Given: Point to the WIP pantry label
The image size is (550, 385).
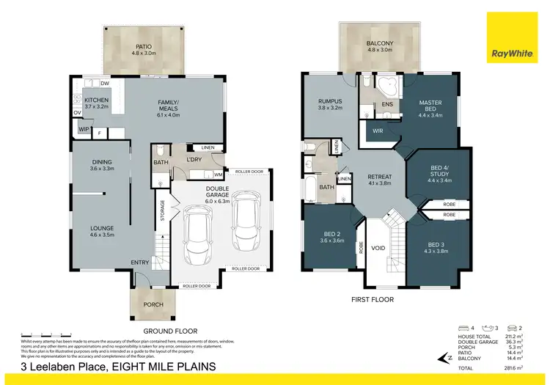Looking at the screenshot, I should tap(83, 131).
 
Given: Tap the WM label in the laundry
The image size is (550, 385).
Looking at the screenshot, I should tap(218, 175).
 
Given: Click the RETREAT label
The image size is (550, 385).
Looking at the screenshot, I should tap(379, 177).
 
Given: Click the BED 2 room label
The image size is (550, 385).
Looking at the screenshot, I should tap(332, 236).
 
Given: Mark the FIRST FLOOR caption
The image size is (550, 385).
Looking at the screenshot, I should tap(373, 300).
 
